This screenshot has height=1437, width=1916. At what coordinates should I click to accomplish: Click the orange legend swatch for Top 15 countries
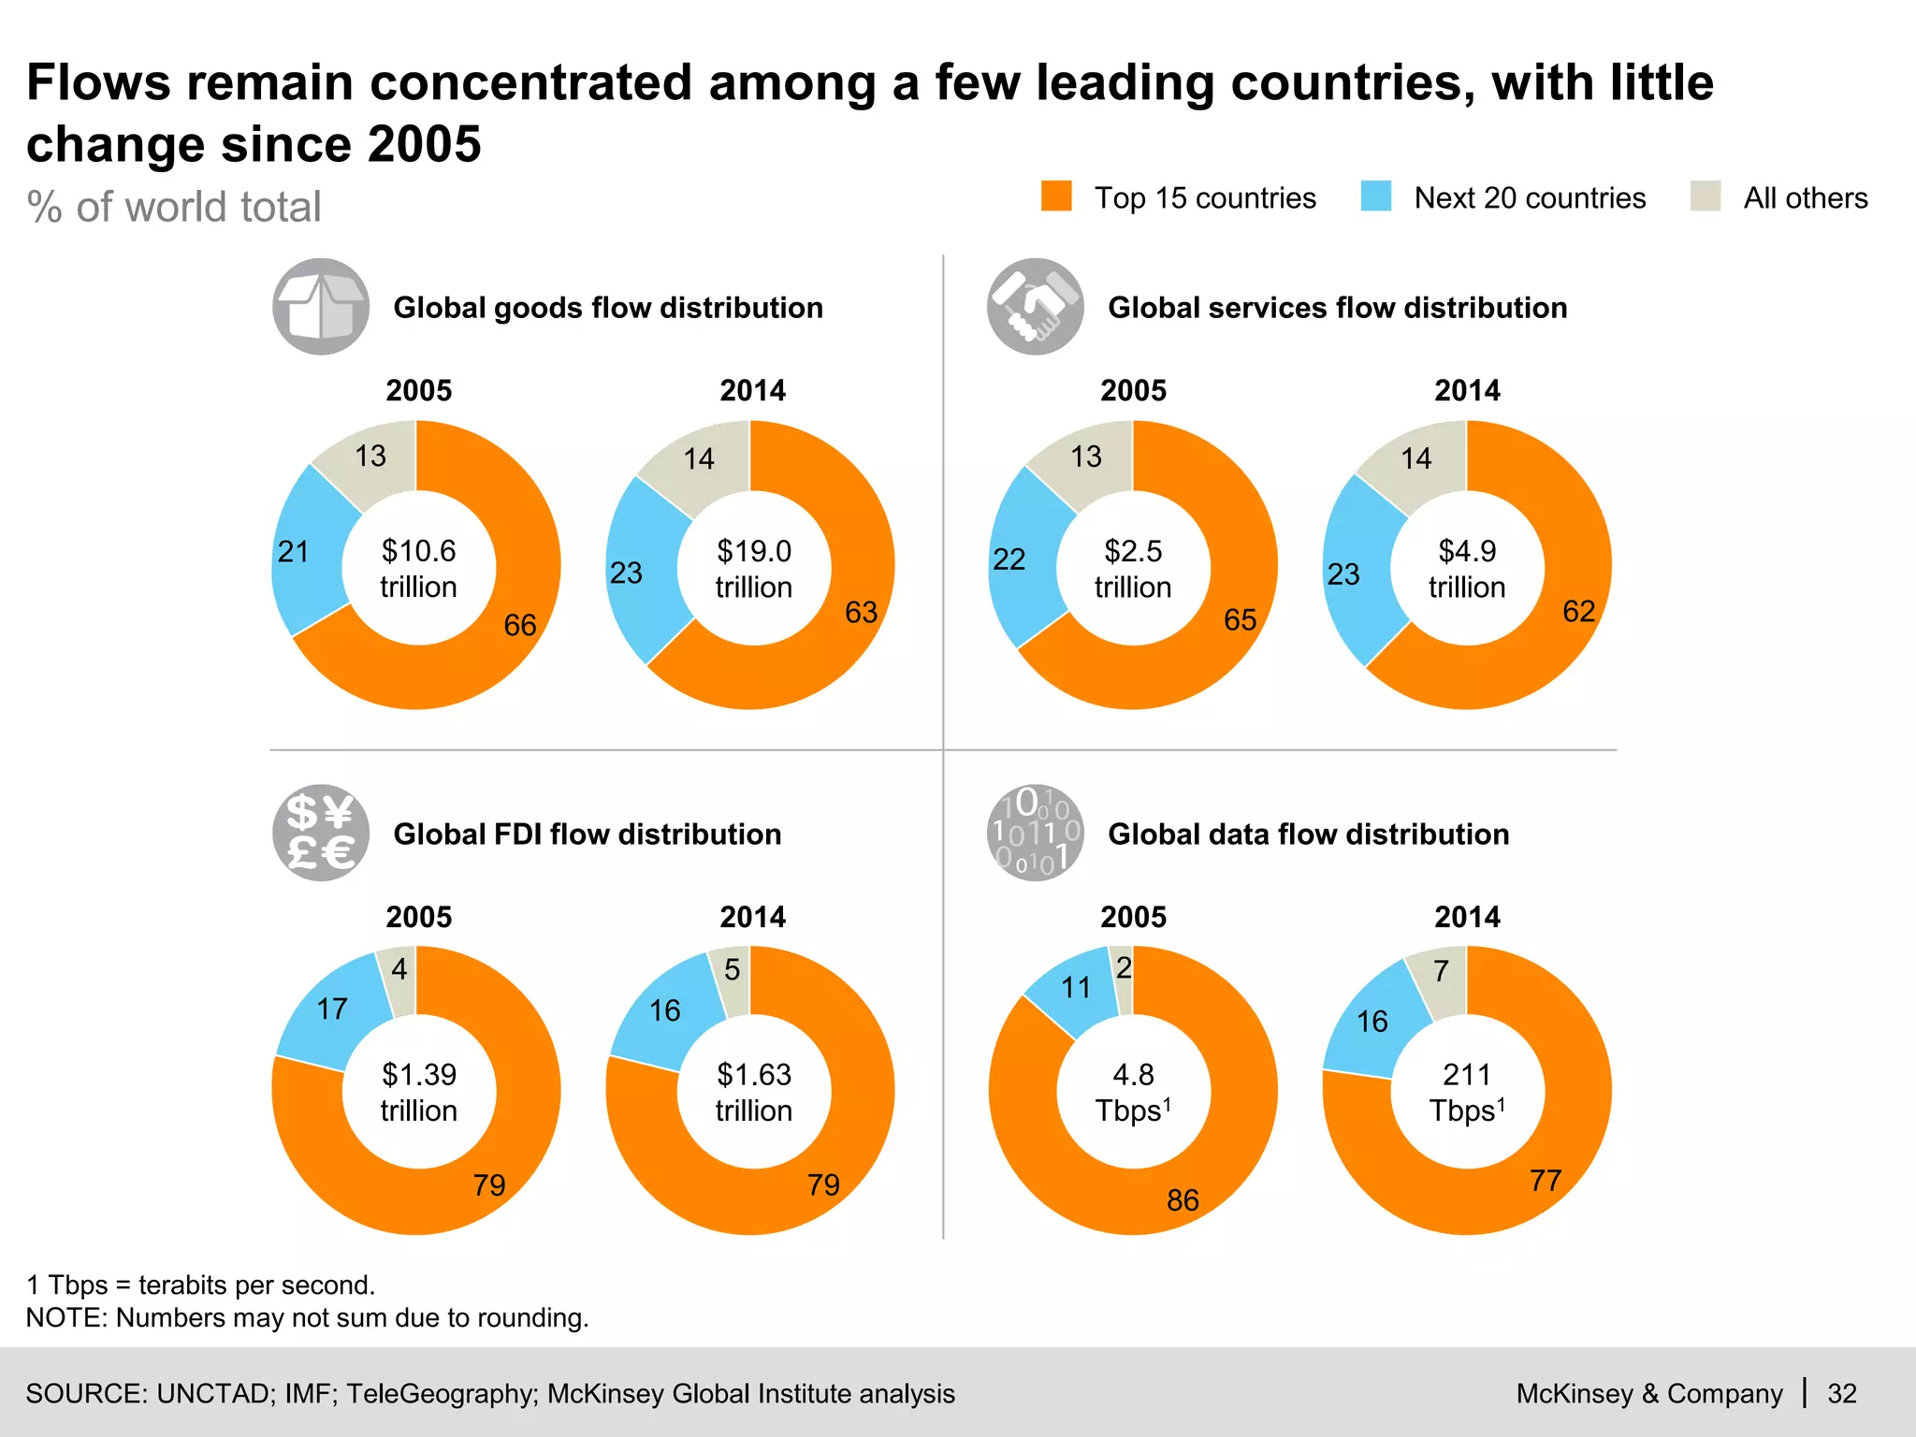point(1056,196)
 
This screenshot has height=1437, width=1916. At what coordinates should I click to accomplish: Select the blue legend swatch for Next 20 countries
point(1375,196)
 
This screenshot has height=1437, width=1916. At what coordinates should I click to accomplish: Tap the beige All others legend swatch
point(1705,196)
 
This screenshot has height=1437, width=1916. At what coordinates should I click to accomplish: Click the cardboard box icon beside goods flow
point(321,307)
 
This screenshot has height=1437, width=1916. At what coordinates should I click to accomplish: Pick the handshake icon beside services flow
point(1035,307)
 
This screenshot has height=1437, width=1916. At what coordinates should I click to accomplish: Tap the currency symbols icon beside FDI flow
point(321,833)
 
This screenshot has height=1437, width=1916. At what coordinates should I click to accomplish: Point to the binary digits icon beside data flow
point(1035,833)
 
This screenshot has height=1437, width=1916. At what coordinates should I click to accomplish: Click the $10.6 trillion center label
point(418,568)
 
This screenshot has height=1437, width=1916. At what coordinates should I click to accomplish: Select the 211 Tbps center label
point(1466,1092)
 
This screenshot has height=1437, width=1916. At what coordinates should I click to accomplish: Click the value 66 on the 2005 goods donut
point(520,625)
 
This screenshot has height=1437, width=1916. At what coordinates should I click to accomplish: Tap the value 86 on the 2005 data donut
point(1183,1199)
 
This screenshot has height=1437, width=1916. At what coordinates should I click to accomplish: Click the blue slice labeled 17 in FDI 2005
point(333,1009)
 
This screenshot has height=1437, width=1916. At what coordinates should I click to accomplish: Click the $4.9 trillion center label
point(1466,568)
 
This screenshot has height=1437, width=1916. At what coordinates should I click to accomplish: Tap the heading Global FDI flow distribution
point(587,834)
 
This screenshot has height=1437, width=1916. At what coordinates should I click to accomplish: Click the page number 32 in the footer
point(1841,1394)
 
